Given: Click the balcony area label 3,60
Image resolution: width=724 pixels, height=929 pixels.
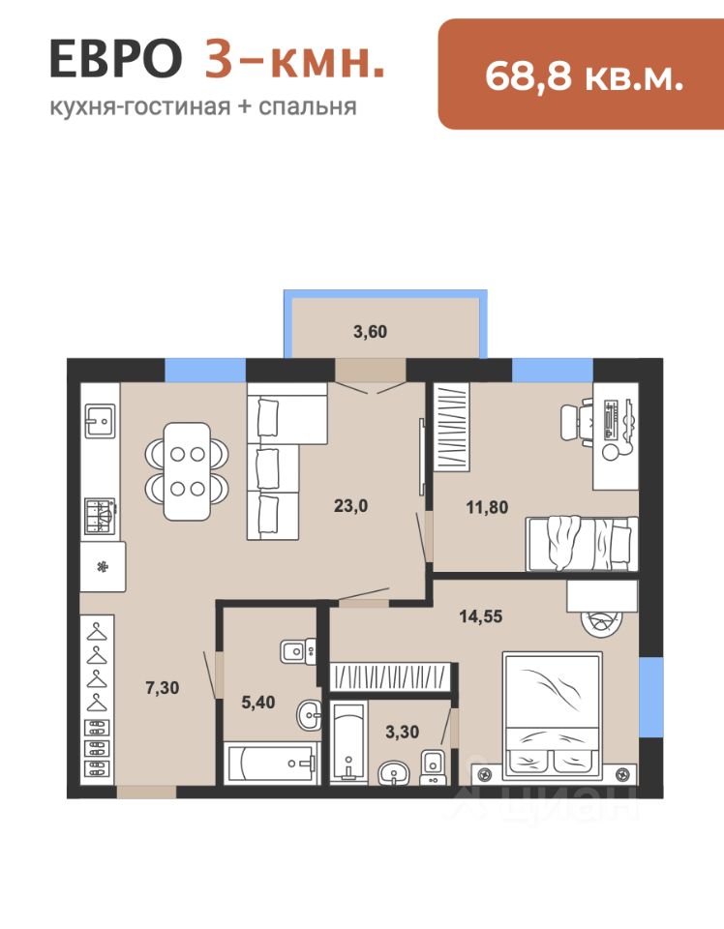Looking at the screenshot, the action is click(371, 332).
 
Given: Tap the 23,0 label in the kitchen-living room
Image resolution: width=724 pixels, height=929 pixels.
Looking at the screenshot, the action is click(350, 506).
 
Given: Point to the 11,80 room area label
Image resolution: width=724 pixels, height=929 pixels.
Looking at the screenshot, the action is click(487, 508).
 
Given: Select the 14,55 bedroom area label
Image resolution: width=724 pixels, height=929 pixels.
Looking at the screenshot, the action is click(480, 616).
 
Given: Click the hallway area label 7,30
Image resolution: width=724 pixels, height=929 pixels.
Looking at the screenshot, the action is click(163, 688).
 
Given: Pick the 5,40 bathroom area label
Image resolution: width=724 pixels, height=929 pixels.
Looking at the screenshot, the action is click(258, 703).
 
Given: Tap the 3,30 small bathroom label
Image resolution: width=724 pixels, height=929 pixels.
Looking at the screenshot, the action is click(403, 733).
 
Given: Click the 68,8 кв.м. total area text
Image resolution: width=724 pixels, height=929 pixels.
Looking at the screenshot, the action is click(585, 76).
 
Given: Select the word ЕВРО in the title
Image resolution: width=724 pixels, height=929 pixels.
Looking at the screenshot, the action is click(115, 59).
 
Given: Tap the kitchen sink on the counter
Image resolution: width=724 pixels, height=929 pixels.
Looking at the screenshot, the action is click(100, 421).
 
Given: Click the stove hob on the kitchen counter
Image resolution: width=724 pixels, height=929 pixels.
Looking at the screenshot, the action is click(100, 516).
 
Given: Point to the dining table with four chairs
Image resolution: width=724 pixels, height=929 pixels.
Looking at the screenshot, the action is click(187, 471).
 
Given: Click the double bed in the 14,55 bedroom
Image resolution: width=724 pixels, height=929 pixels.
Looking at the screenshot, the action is click(552, 716).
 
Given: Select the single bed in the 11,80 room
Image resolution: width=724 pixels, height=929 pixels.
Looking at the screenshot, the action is click(582, 544).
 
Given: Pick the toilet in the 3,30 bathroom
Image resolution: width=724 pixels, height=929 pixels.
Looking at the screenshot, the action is click(433, 767).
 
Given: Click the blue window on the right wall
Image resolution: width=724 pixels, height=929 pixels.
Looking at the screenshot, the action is click(651, 697).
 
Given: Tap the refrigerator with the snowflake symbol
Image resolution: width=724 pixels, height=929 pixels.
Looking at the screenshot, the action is click(103, 567).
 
